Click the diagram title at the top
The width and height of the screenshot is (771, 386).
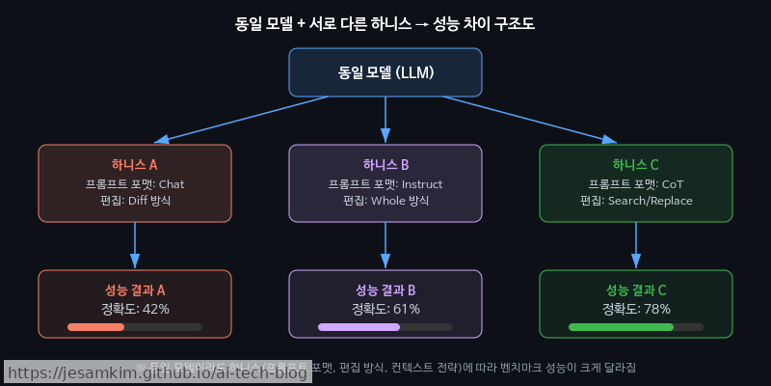coord(385,22)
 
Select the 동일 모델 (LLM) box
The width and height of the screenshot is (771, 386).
coord(385,72)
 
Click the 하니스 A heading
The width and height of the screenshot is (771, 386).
coord(135,165)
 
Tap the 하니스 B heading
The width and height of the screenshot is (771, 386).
coord(385,165)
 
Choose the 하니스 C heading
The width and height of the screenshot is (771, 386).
coord(636,165)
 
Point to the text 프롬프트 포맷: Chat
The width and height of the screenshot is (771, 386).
coord(135,183)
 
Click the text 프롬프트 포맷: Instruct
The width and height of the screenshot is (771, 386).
coord(385,183)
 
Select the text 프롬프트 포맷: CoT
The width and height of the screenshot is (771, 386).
coord(636,183)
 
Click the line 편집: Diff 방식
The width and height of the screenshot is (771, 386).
coord(135,201)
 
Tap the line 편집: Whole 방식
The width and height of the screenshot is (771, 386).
coord(385,201)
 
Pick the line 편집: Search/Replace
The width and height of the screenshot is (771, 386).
coord(636,201)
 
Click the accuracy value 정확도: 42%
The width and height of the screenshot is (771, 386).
coord(135,309)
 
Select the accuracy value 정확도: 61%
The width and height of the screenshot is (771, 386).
coord(385,309)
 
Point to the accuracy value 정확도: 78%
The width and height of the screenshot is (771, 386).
coord(636,309)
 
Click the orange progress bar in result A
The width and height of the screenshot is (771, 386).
coord(96,327)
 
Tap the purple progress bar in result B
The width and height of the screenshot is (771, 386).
coord(359,327)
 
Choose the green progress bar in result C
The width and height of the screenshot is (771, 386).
coord(621,327)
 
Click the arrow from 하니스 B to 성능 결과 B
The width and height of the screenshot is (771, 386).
coord(385,245)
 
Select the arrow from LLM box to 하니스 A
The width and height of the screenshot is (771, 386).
coord(231,121)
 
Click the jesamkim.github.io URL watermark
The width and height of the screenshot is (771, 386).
coord(158,372)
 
